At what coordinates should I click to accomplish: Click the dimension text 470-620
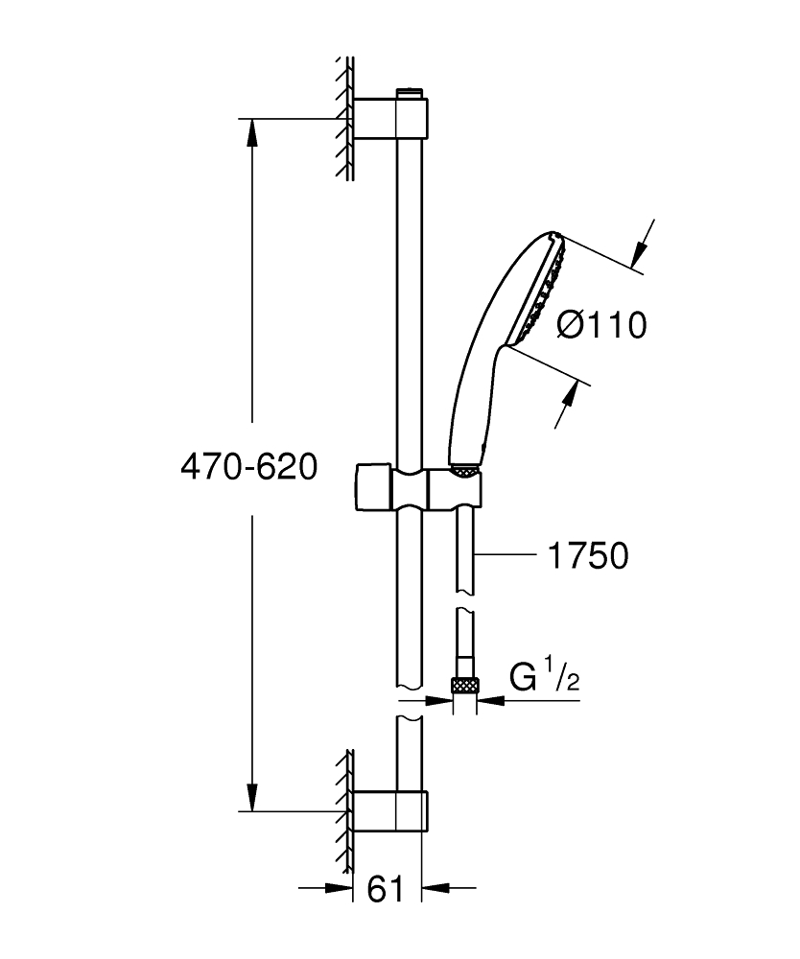(248, 467)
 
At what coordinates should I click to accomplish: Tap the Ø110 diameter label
(602, 326)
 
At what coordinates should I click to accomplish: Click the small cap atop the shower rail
(410, 93)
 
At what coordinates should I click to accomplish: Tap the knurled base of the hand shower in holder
(464, 470)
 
